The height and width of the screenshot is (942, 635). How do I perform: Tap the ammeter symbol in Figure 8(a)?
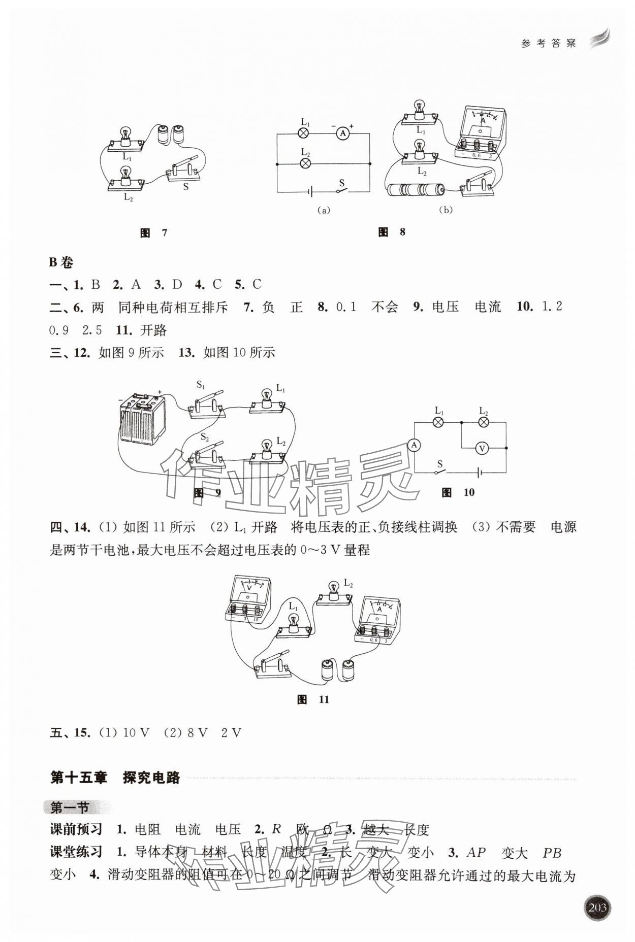pos(343,133)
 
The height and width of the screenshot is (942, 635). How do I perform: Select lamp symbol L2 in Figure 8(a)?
pos(305,163)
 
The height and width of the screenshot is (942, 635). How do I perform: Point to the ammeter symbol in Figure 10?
pos(415,445)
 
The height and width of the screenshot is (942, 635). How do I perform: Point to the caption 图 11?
pos(313,699)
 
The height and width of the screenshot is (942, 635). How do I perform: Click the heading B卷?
pos(61,262)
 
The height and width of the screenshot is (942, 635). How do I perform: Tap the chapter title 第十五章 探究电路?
pos(115,778)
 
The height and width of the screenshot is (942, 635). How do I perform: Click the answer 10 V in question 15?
pos(136,732)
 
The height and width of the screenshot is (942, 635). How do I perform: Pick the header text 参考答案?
pos(549,44)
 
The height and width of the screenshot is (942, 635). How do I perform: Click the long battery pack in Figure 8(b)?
pos(415,190)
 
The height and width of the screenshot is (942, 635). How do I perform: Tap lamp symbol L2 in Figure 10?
pos(484,422)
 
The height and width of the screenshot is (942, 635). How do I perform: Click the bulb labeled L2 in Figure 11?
pos(333,593)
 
